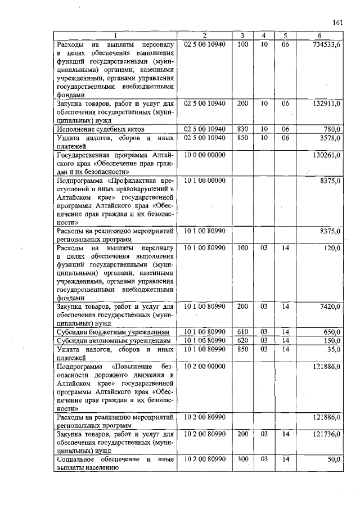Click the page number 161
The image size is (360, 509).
coord(338,22)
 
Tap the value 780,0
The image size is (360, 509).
coord(331,129)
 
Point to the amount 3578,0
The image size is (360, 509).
coord(329,138)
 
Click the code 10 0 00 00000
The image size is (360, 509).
coord(205,155)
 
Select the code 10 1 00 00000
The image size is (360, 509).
coord(205,180)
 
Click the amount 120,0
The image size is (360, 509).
coord(331,247)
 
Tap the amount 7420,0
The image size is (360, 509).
coord(330,307)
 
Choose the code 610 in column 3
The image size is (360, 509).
coord(243,332)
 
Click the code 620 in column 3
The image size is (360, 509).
coord(243,340)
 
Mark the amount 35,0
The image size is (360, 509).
coord(332,349)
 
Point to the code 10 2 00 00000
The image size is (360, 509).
coord(205,366)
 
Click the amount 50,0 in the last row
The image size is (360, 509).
coord(332,460)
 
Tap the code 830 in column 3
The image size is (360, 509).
coord(243,129)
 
